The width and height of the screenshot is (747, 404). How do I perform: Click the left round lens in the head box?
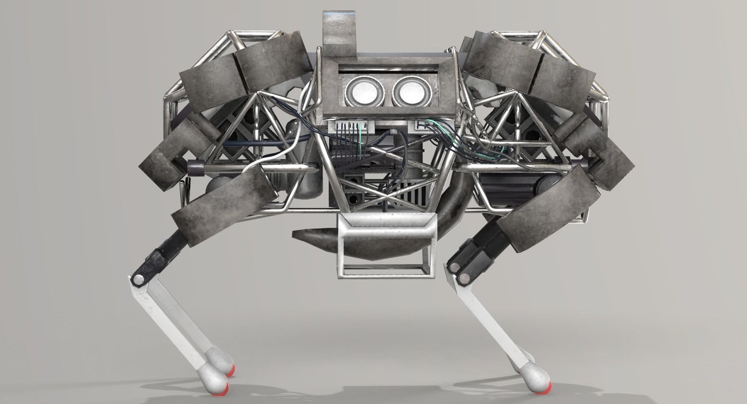361,91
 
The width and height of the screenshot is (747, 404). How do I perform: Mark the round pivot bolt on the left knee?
137,279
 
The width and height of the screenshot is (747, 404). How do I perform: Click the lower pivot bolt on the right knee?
460,278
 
